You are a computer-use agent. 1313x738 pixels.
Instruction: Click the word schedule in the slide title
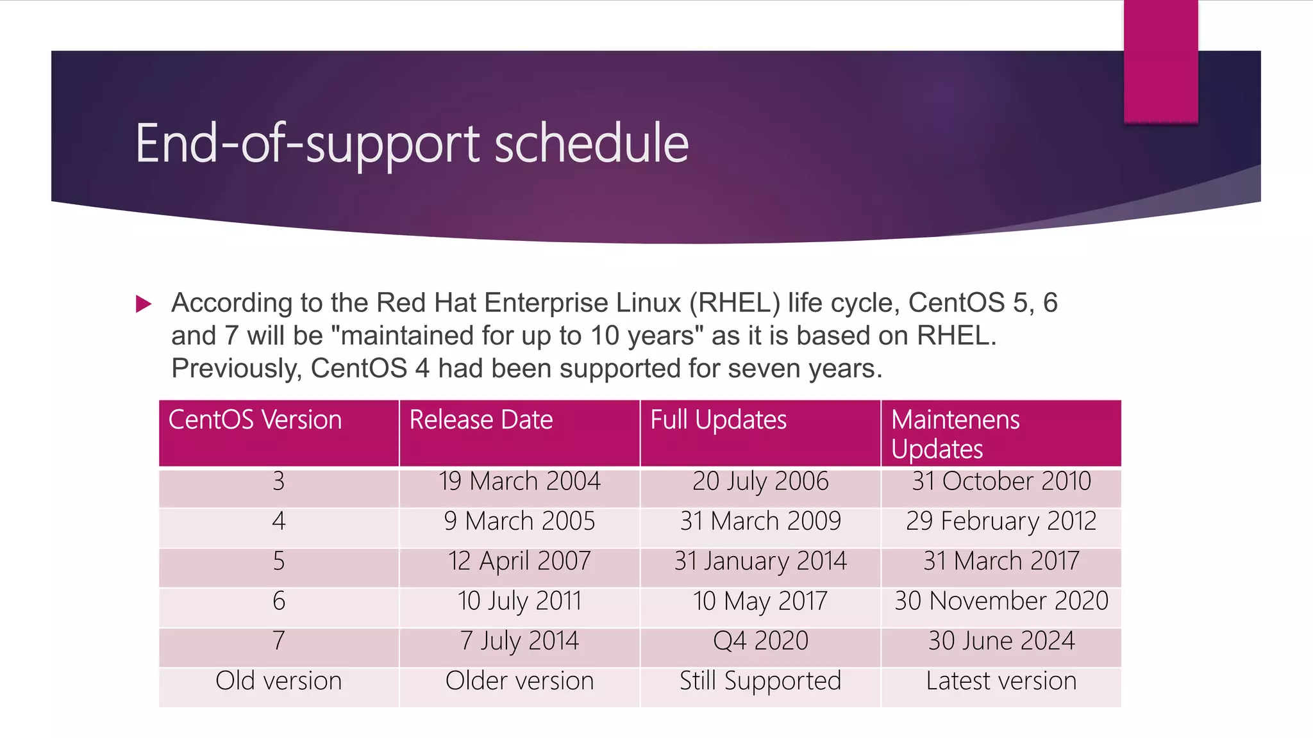[x=591, y=143]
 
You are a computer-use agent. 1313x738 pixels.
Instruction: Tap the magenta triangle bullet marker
[x=144, y=304]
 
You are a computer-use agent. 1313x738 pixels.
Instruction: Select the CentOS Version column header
[x=255, y=420]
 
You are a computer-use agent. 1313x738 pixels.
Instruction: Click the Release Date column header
[x=481, y=420]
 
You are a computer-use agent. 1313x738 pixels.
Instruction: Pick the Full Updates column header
[x=718, y=420]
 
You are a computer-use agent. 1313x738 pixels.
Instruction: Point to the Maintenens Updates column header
[x=955, y=434]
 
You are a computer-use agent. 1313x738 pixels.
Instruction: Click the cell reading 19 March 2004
[x=519, y=482]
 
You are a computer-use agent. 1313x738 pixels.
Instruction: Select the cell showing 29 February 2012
[x=1001, y=521]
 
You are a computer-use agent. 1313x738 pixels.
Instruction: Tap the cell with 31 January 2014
[x=760, y=561]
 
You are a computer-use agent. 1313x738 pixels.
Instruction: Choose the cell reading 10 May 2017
[x=760, y=602]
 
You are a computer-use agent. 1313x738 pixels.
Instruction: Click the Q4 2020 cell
[x=760, y=641]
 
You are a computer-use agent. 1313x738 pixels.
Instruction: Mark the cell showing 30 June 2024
[x=1001, y=641]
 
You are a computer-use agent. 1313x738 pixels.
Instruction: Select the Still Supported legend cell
[x=760, y=681]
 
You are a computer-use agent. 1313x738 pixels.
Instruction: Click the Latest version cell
[x=1001, y=681]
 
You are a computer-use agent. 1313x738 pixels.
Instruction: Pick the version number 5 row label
[x=278, y=561]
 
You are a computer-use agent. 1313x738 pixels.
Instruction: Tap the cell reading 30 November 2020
[x=1001, y=602]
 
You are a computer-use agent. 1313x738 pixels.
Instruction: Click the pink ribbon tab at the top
[x=1160, y=61]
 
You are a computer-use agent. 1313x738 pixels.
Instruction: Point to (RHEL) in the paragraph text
[x=735, y=303]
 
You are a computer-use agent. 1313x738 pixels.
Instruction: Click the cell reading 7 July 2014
[x=519, y=641]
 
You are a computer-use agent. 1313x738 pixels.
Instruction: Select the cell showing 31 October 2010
[x=1001, y=482]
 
